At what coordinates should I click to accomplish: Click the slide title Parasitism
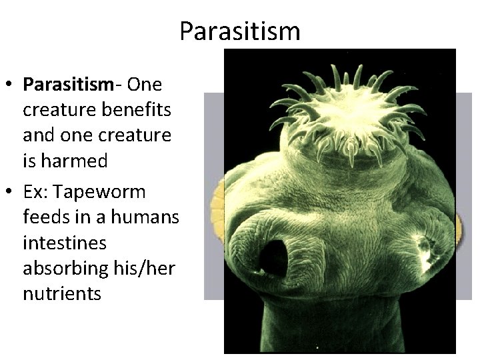pyautogui.click(x=240, y=31)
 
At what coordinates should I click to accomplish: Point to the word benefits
pyautogui.click(x=140, y=110)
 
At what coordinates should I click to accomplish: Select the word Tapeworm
pyautogui.click(x=101, y=192)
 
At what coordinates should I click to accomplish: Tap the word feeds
pyautogui.click(x=43, y=217)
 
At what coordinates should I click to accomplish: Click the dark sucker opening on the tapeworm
pyautogui.click(x=273, y=257)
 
